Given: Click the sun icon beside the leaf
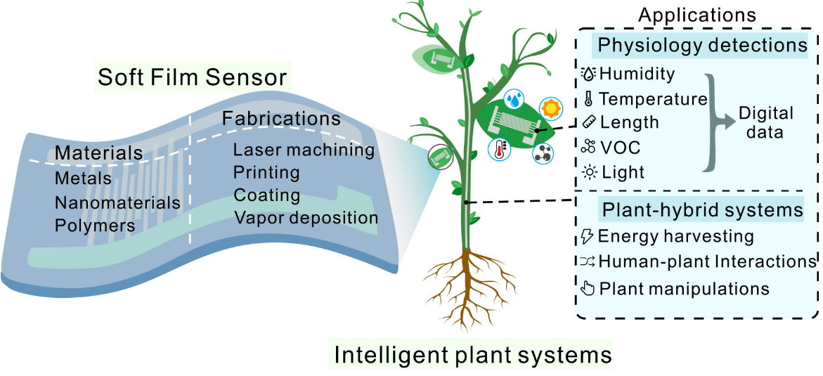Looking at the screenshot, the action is click(x=550, y=108).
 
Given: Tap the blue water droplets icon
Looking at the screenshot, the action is click(x=514, y=99).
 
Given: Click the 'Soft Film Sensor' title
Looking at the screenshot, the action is click(x=193, y=78).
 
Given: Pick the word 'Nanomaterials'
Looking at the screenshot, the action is click(x=117, y=202).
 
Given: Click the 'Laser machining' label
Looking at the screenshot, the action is click(x=304, y=150).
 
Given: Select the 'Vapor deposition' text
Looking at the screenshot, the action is click(x=306, y=217).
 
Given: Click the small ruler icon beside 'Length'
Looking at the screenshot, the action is click(x=590, y=123).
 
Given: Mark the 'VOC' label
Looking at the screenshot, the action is click(x=620, y=147).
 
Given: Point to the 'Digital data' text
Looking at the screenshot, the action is click(x=766, y=122).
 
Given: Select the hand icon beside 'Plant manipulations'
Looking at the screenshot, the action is click(x=589, y=288).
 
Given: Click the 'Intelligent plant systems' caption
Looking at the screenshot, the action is click(x=472, y=354).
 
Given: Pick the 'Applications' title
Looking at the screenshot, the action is click(x=697, y=15).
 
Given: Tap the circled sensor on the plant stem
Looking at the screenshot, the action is click(x=440, y=157).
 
